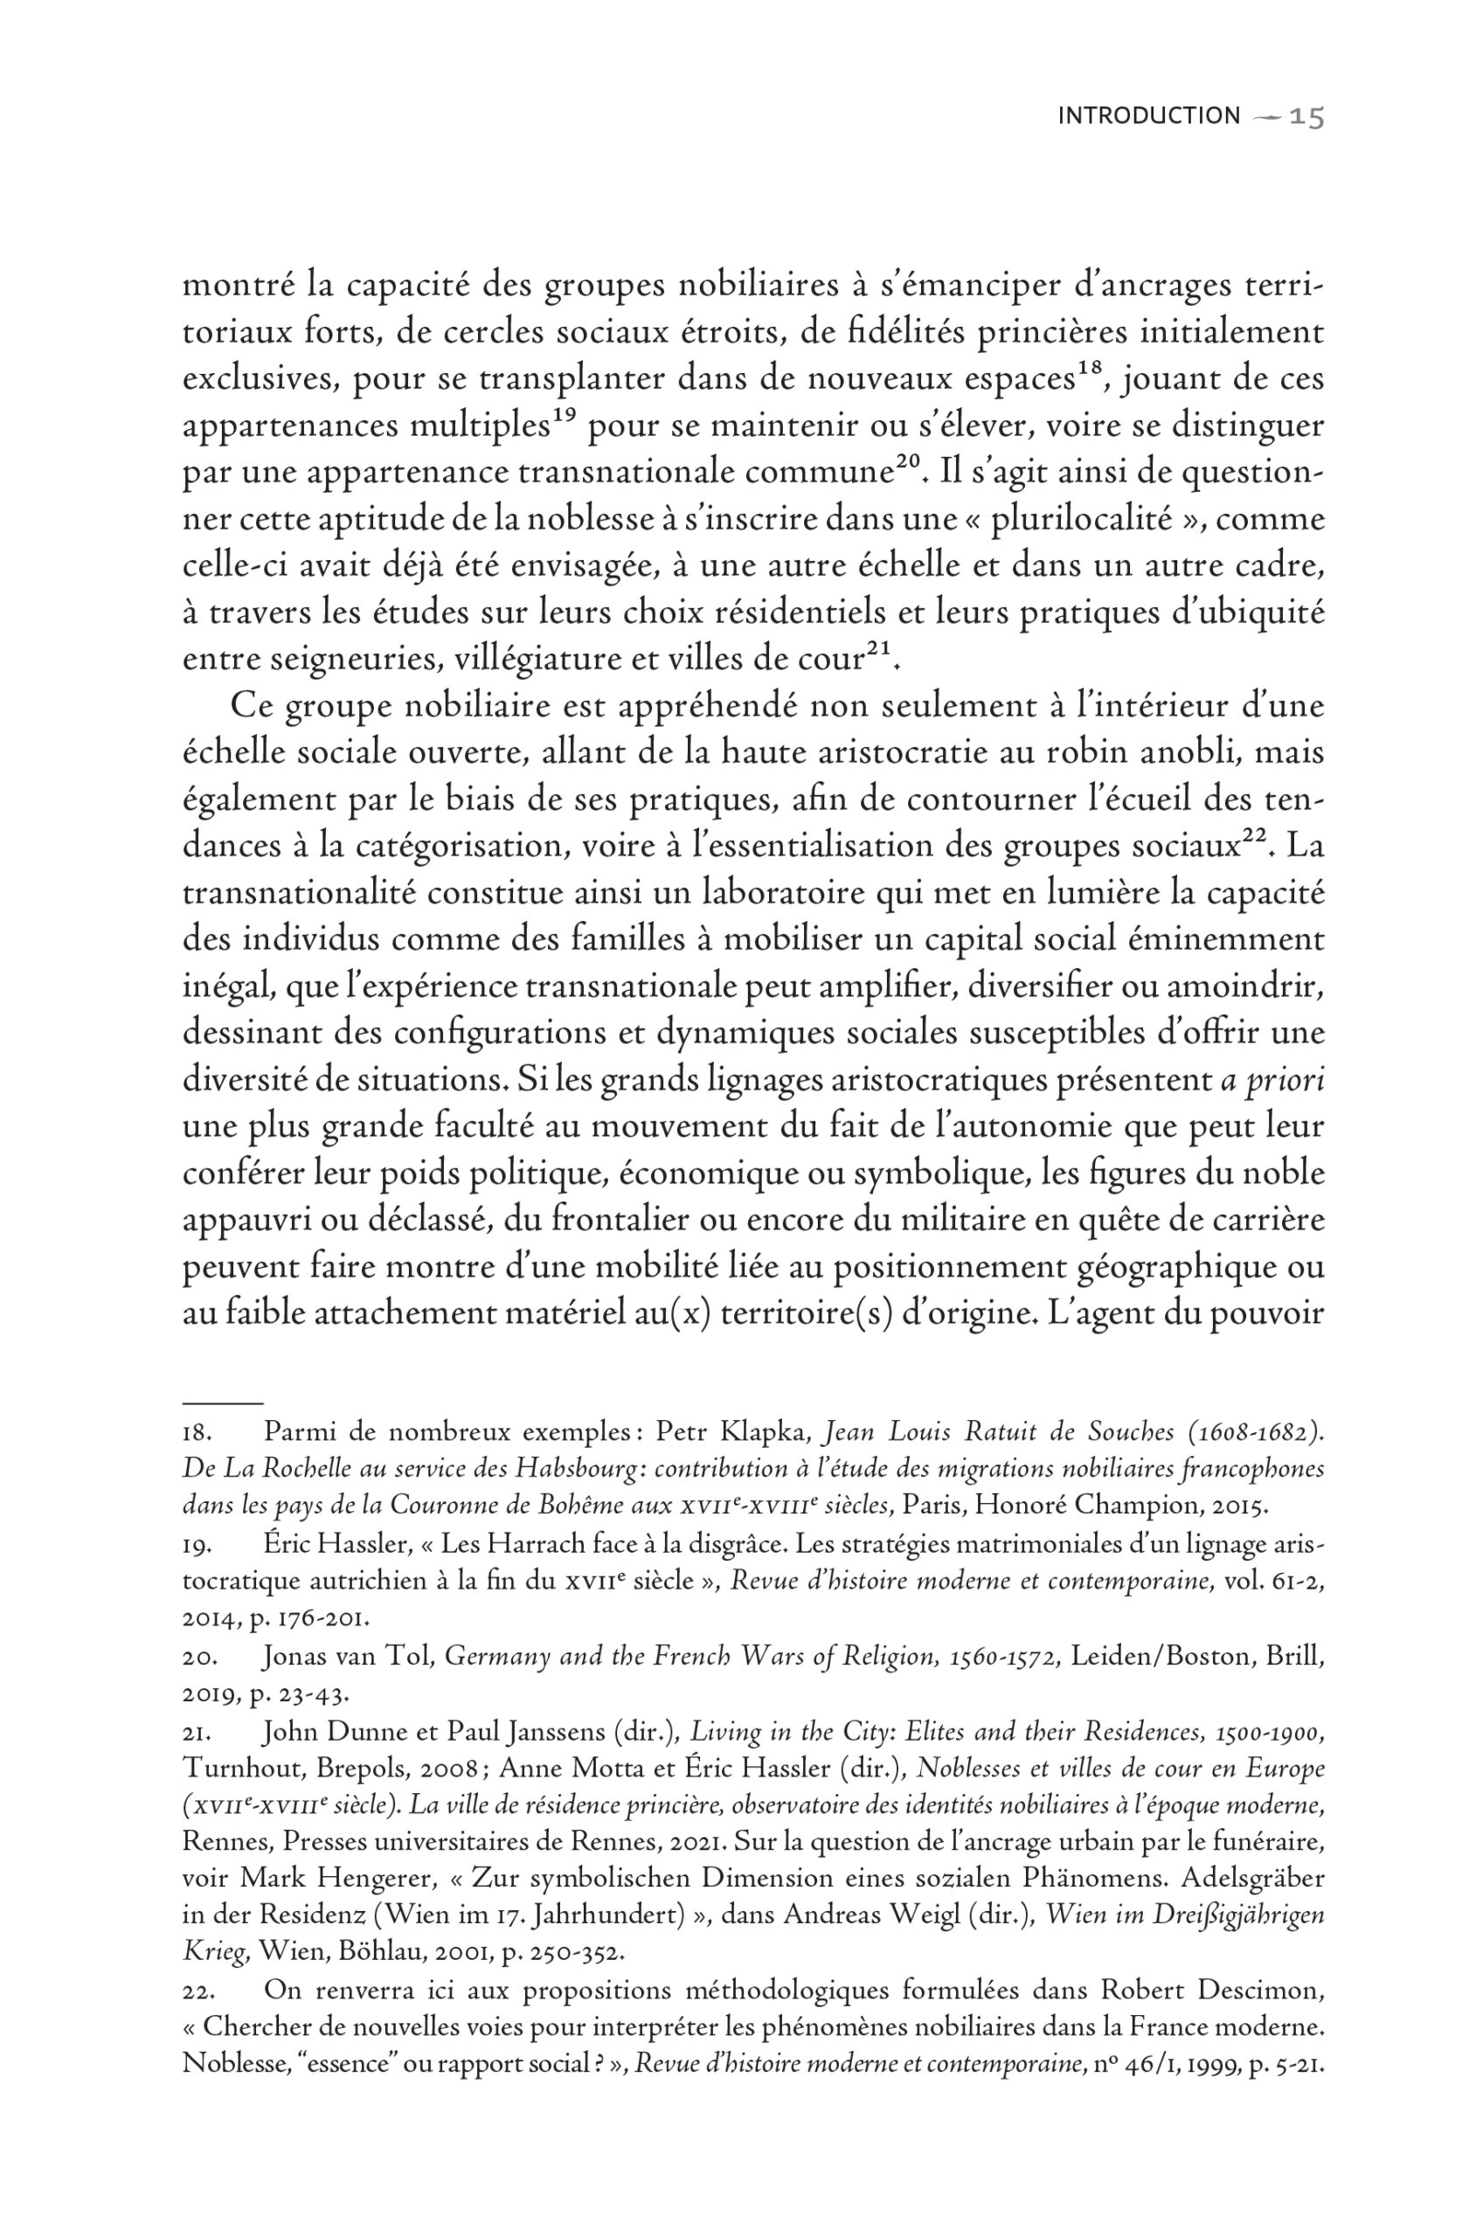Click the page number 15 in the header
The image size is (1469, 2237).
(x=1306, y=116)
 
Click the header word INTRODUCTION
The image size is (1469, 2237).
(x=1148, y=115)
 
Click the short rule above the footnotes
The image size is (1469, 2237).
(x=222, y=1402)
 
